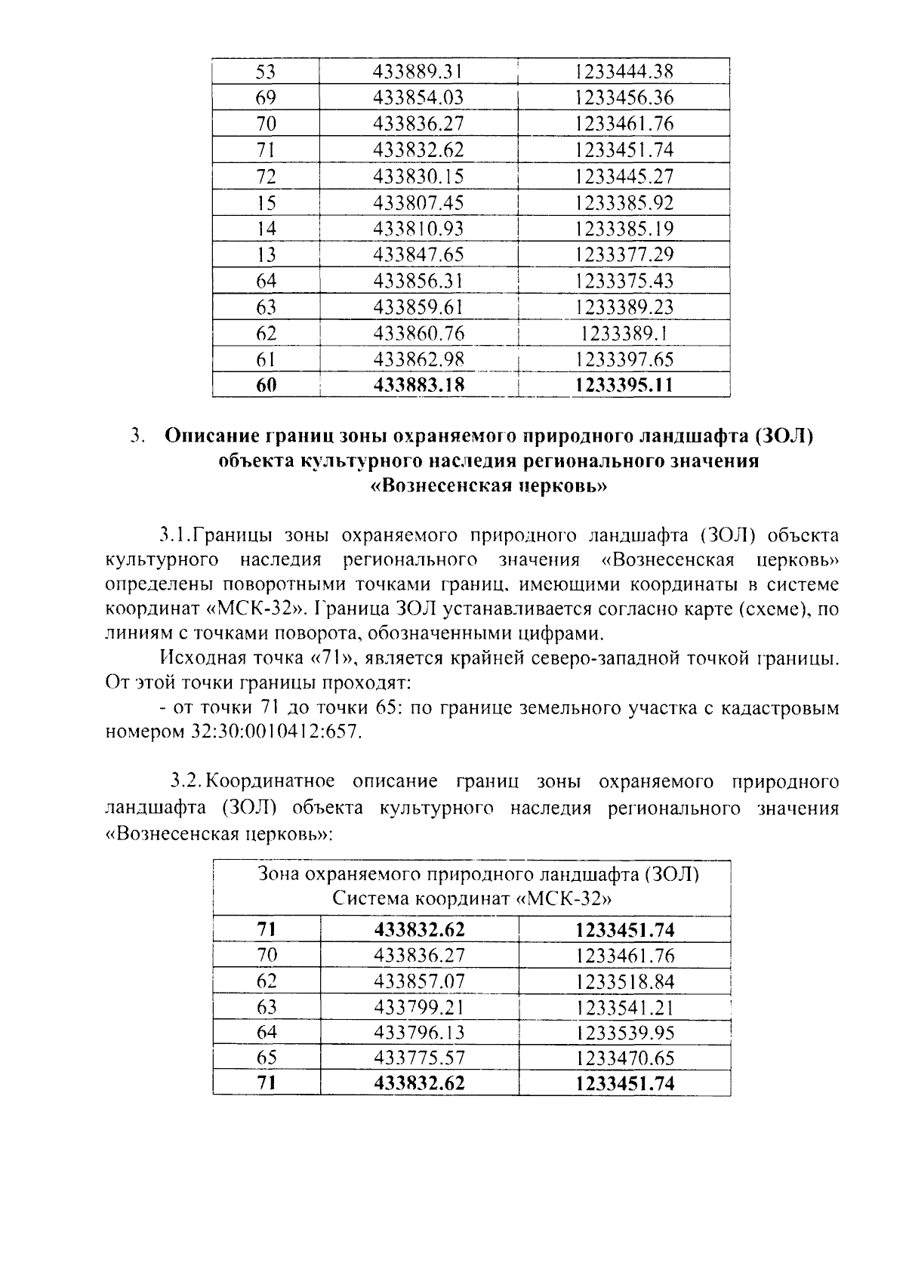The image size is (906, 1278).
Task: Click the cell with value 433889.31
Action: tap(418, 72)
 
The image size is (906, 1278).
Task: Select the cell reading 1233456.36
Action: tap(624, 97)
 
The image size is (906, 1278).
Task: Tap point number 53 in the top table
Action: tap(266, 72)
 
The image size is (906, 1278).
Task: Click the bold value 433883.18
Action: tap(419, 385)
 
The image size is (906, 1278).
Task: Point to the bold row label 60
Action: tap(266, 385)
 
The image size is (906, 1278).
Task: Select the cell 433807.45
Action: tap(418, 202)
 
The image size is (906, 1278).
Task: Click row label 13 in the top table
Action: tap(266, 254)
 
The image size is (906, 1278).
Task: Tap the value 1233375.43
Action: tap(624, 281)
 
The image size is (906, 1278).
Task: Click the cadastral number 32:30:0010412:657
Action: tap(273, 731)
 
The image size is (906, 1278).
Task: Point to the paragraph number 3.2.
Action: tap(184, 780)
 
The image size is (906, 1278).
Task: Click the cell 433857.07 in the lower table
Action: tap(419, 981)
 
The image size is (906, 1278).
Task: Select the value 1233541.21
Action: tap(624, 1007)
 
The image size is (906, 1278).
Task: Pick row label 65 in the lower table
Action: tap(267, 1058)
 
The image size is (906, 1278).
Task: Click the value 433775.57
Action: tap(419, 1058)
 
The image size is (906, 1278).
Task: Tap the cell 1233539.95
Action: tap(624, 1032)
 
